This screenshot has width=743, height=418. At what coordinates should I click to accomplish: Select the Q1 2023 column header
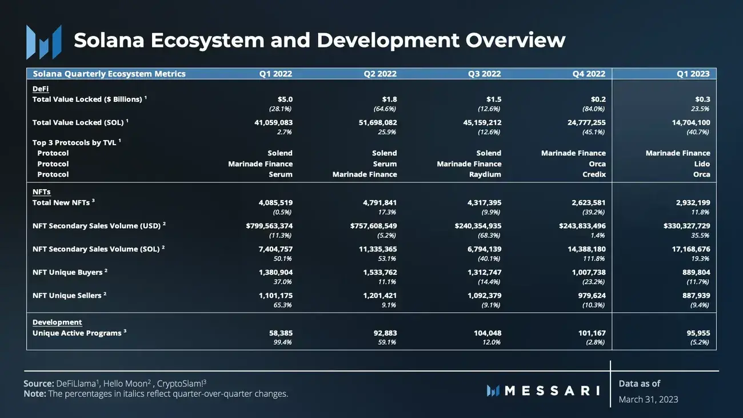coord(693,74)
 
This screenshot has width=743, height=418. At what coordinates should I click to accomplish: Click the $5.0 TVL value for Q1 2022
coord(284,99)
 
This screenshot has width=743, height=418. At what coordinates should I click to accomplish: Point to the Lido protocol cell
coord(702,164)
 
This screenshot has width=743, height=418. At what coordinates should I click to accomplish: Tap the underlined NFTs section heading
coord(41,192)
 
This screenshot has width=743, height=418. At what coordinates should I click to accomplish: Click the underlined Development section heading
coord(57,323)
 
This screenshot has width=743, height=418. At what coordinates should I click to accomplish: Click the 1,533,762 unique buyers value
coord(380,272)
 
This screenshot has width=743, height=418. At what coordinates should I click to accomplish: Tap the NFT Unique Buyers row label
coord(67,272)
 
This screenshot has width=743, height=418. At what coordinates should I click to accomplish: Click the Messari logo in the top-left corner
coord(43,42)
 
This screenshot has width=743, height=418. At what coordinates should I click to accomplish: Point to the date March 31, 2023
coord(648,399)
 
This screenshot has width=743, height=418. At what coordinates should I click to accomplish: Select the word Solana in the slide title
coord(112,41)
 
